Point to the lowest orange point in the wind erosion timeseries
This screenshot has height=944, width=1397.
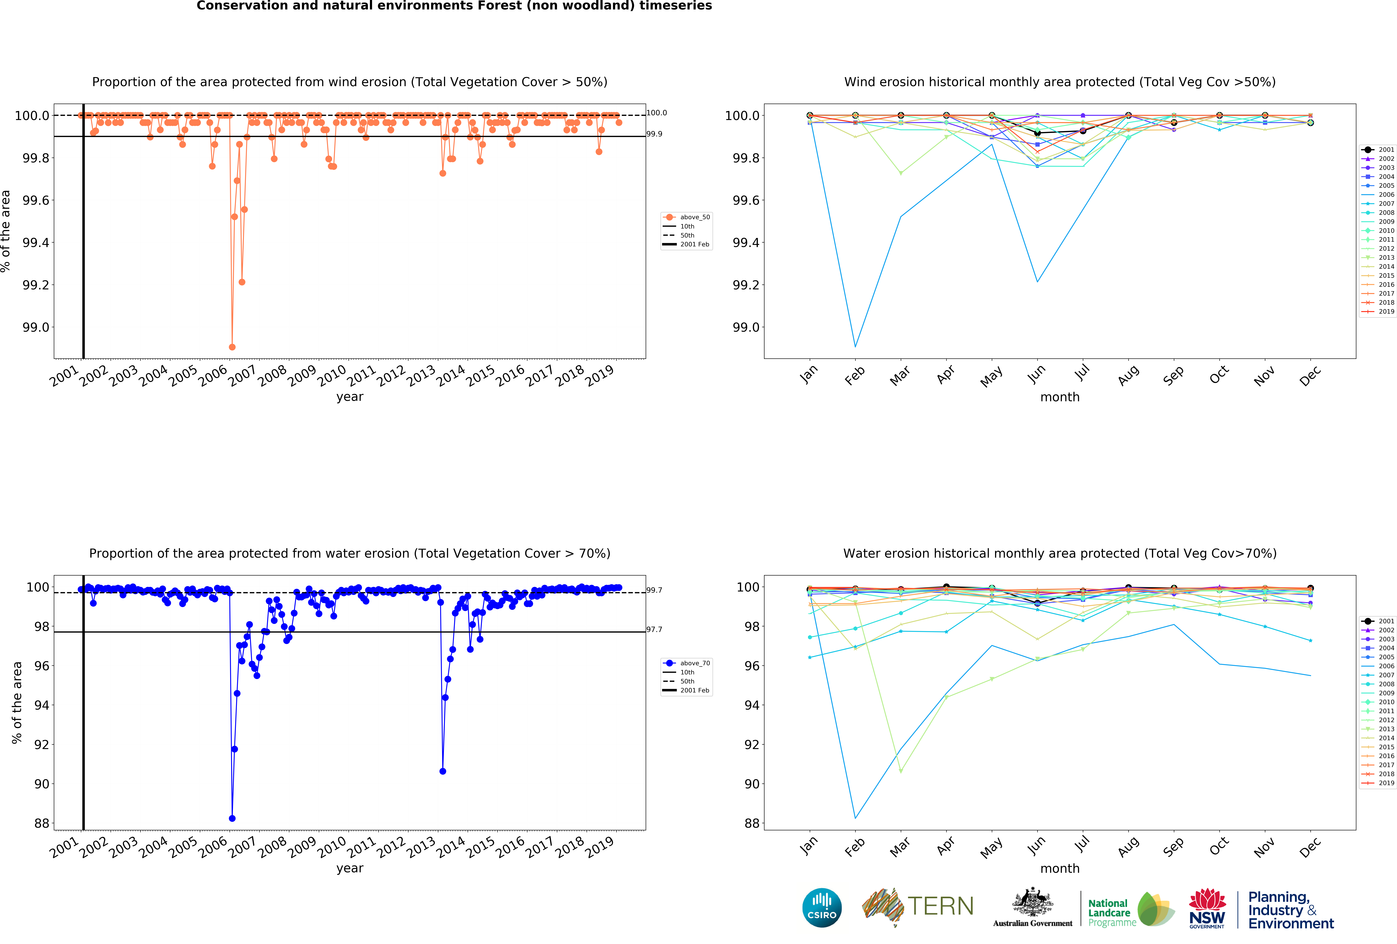click(x=232, y=347)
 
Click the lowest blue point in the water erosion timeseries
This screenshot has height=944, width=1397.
click(x=232, y=818)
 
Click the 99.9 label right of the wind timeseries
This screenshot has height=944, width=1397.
click(x=654, y=134)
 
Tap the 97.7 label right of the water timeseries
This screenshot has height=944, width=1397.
click(x=654, y=629)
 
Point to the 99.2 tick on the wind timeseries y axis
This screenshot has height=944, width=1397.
click(x=36, y=285)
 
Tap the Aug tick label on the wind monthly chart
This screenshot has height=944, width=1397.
click(x=1128, y=375)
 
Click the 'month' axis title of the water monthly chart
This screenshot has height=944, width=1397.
click(x=1060, y=868)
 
